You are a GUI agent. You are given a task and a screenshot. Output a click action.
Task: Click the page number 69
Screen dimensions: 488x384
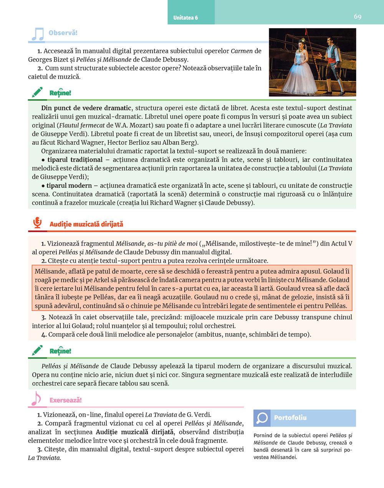click(x=358, y=17)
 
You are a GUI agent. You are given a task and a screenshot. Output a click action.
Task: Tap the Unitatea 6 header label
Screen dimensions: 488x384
click(x=185, y=18)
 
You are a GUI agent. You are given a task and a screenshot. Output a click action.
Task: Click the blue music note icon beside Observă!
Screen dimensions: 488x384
click(x=37, y=34)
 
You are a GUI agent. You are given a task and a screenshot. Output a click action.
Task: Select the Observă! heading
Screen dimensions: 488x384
click(x=63, y=33)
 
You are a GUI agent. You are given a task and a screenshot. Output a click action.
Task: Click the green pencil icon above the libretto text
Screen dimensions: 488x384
click(x=37, y=92)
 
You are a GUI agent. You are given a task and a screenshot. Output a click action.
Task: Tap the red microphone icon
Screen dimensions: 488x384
click(x=37, y=223)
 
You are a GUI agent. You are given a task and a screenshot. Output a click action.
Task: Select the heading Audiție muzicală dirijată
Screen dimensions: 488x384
click(x=86, y=224)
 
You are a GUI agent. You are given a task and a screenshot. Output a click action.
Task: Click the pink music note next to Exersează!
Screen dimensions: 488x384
click(x=36, y=399)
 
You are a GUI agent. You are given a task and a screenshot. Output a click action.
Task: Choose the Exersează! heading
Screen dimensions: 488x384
click(x=66, y=400)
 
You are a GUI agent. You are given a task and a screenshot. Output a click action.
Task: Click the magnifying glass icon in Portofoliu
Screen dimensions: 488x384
click(x=262, y=418)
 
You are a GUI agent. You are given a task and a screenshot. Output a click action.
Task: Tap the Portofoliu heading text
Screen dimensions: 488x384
click(x=290, y=418)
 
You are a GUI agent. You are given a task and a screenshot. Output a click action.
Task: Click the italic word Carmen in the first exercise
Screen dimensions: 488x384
click(x=242, y=51)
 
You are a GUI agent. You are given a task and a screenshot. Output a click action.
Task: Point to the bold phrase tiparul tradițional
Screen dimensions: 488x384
click(x=75, y=160)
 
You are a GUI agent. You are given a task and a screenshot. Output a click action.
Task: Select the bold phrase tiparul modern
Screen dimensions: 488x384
click(x=69, y=186)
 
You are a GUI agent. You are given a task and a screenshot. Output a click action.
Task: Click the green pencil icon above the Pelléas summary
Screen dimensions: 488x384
click(x=37, y=350)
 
